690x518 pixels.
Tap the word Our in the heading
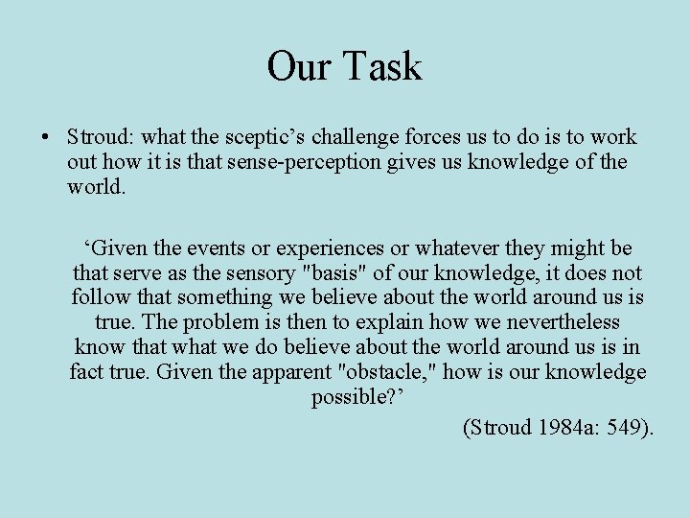pos(299,66)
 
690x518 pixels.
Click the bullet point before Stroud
pos(46,138)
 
